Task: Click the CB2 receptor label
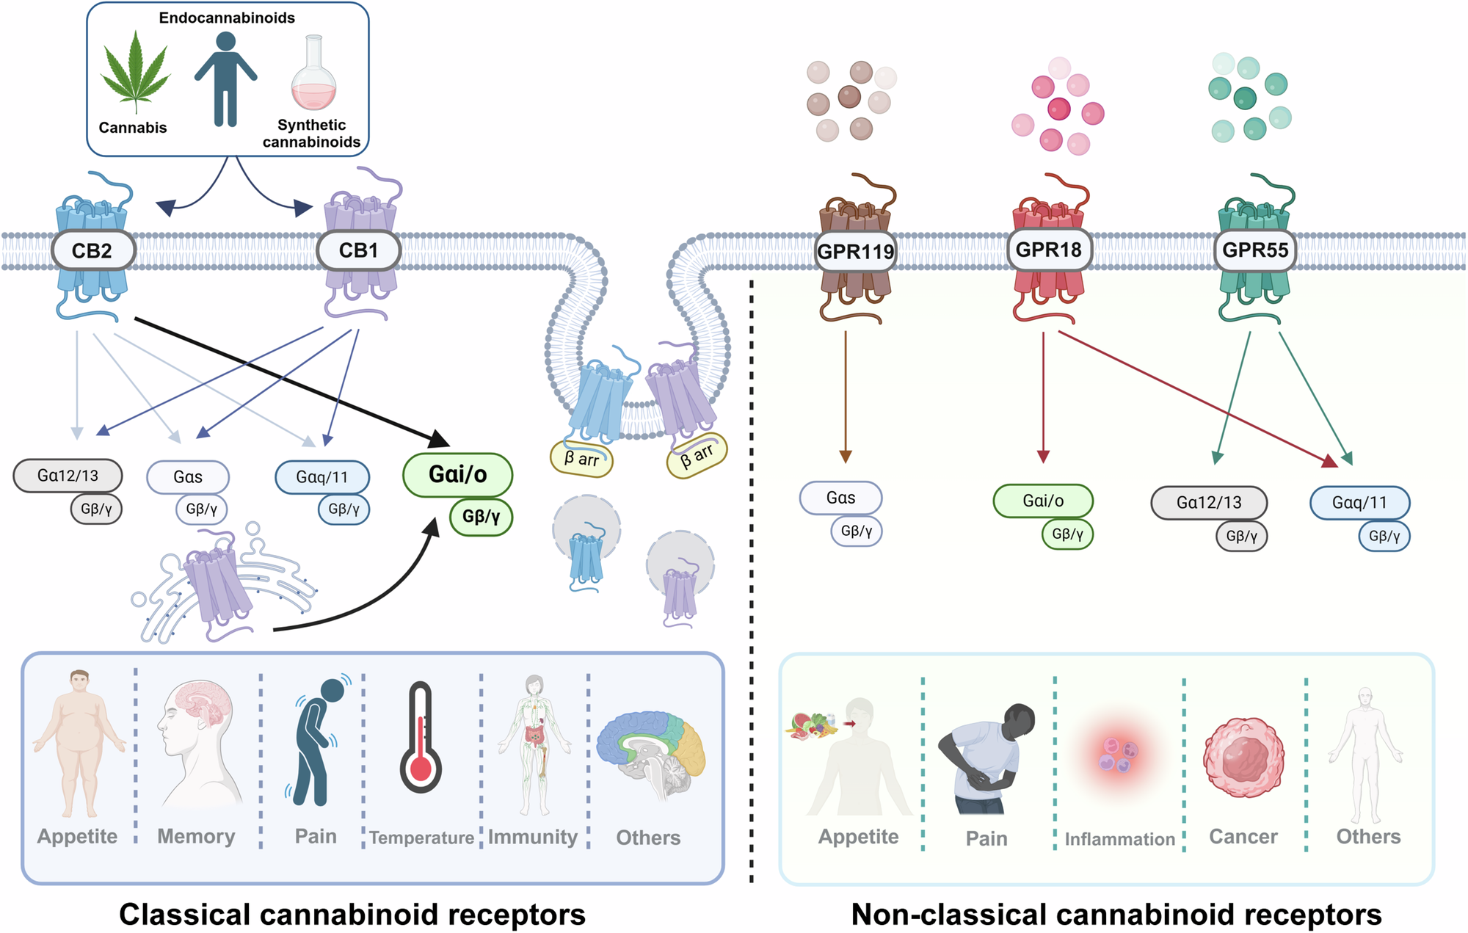click(x=92, y=251)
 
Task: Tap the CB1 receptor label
click(x=358, y=250)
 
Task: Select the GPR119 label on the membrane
click(x=855, y=252)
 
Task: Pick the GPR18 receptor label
click(x=1048, y=250)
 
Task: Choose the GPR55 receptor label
click(x=1255, y=250)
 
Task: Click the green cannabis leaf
click(x=136, y=73)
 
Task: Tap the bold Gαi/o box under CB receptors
click(x=457, y=474)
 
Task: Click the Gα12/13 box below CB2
click(x=68, y=476)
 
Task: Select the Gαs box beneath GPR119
click(x=840, y=498)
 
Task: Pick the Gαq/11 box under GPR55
click(x=1359, y=503)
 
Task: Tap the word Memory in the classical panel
click(x=196, y=836)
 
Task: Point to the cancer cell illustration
click(x=1243, y=758)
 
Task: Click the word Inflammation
click(x=1120, y=839)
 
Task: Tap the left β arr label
click(x=581, y=460)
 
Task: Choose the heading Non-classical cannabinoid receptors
click(x=1116, y=915)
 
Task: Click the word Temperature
click(x=421, y=838)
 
